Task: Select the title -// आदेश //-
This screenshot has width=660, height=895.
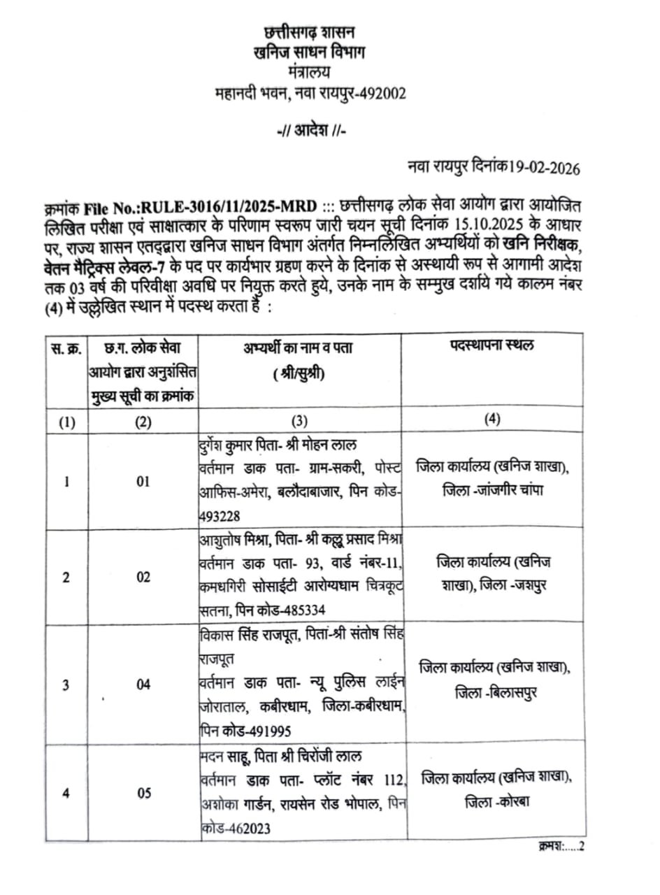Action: coord(309,130)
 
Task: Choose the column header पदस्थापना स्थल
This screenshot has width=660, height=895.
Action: coord(492,347)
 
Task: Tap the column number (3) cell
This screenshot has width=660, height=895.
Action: coord(299,421)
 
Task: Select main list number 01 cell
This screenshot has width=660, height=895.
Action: coord(143,482)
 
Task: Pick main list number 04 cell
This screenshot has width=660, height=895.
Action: coord(143,685)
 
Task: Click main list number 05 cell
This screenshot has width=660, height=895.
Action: coord(143,793)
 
